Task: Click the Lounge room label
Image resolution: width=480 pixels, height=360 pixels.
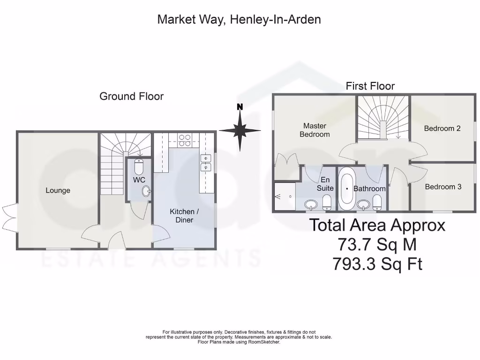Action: point(58,190)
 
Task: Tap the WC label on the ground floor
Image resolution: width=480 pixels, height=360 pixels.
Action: point(139,180)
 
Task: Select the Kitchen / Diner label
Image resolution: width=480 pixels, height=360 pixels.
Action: point(181,216)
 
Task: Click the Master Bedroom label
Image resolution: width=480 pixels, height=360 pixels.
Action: point(315,130)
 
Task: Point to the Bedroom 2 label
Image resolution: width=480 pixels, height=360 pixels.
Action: point(442,128)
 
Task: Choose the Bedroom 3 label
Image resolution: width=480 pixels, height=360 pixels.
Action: point(443,187)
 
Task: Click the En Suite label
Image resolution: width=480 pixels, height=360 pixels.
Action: point(327,184)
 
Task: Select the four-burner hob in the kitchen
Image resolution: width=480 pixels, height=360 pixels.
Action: point(184,141)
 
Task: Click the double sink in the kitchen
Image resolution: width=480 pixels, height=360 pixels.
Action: point(205,162)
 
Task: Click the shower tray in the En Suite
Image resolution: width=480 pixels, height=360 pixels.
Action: point(285,196)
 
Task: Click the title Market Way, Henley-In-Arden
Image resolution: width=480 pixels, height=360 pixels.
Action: point(239,20)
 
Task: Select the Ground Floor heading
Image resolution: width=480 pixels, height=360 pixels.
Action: point(131,97)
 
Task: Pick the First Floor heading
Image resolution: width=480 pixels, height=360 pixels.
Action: point(370,86)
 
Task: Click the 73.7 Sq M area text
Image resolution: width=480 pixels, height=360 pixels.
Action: point(377,245)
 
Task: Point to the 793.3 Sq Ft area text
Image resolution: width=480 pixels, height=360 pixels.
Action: point(377,264)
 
